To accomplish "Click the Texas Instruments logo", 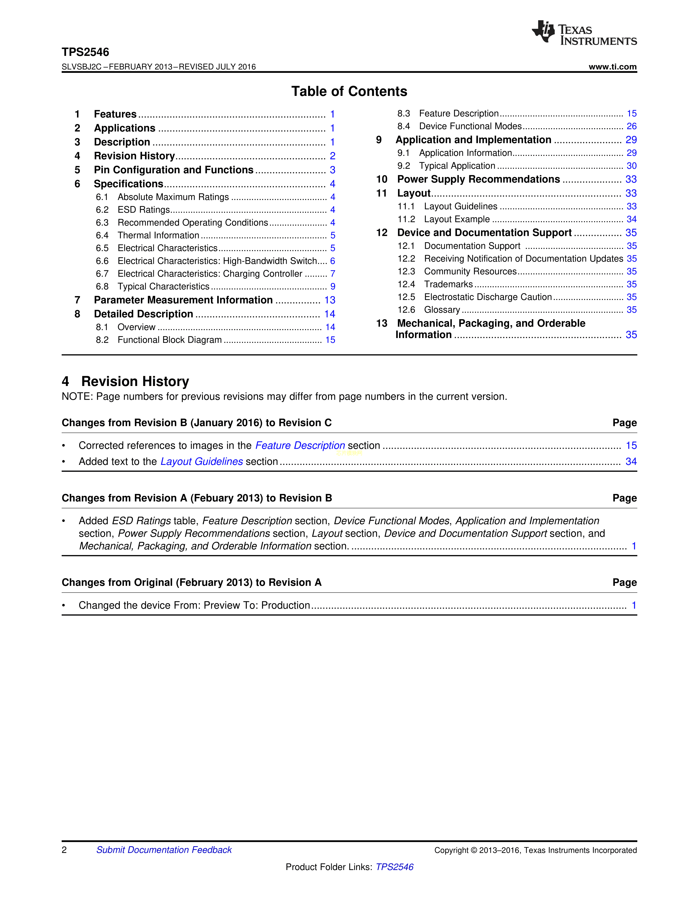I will point(584,33).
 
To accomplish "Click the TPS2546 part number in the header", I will point(85,52).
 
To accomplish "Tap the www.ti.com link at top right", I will point(612,67).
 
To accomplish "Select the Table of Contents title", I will point(349,91).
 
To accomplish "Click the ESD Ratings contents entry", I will point(144,210).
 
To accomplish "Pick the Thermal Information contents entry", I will point(158,236).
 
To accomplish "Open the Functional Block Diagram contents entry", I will point(169,340).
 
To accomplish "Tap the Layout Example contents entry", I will point(457,219).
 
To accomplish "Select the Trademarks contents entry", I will point(448,284).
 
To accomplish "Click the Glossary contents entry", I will point(442,310).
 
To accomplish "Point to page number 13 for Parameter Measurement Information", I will point(329,300).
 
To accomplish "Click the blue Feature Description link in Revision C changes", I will point(300,445).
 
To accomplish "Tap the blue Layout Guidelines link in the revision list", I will point(202,462).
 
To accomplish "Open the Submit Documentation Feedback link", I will point(164,850).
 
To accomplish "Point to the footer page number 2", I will point(64,850).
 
